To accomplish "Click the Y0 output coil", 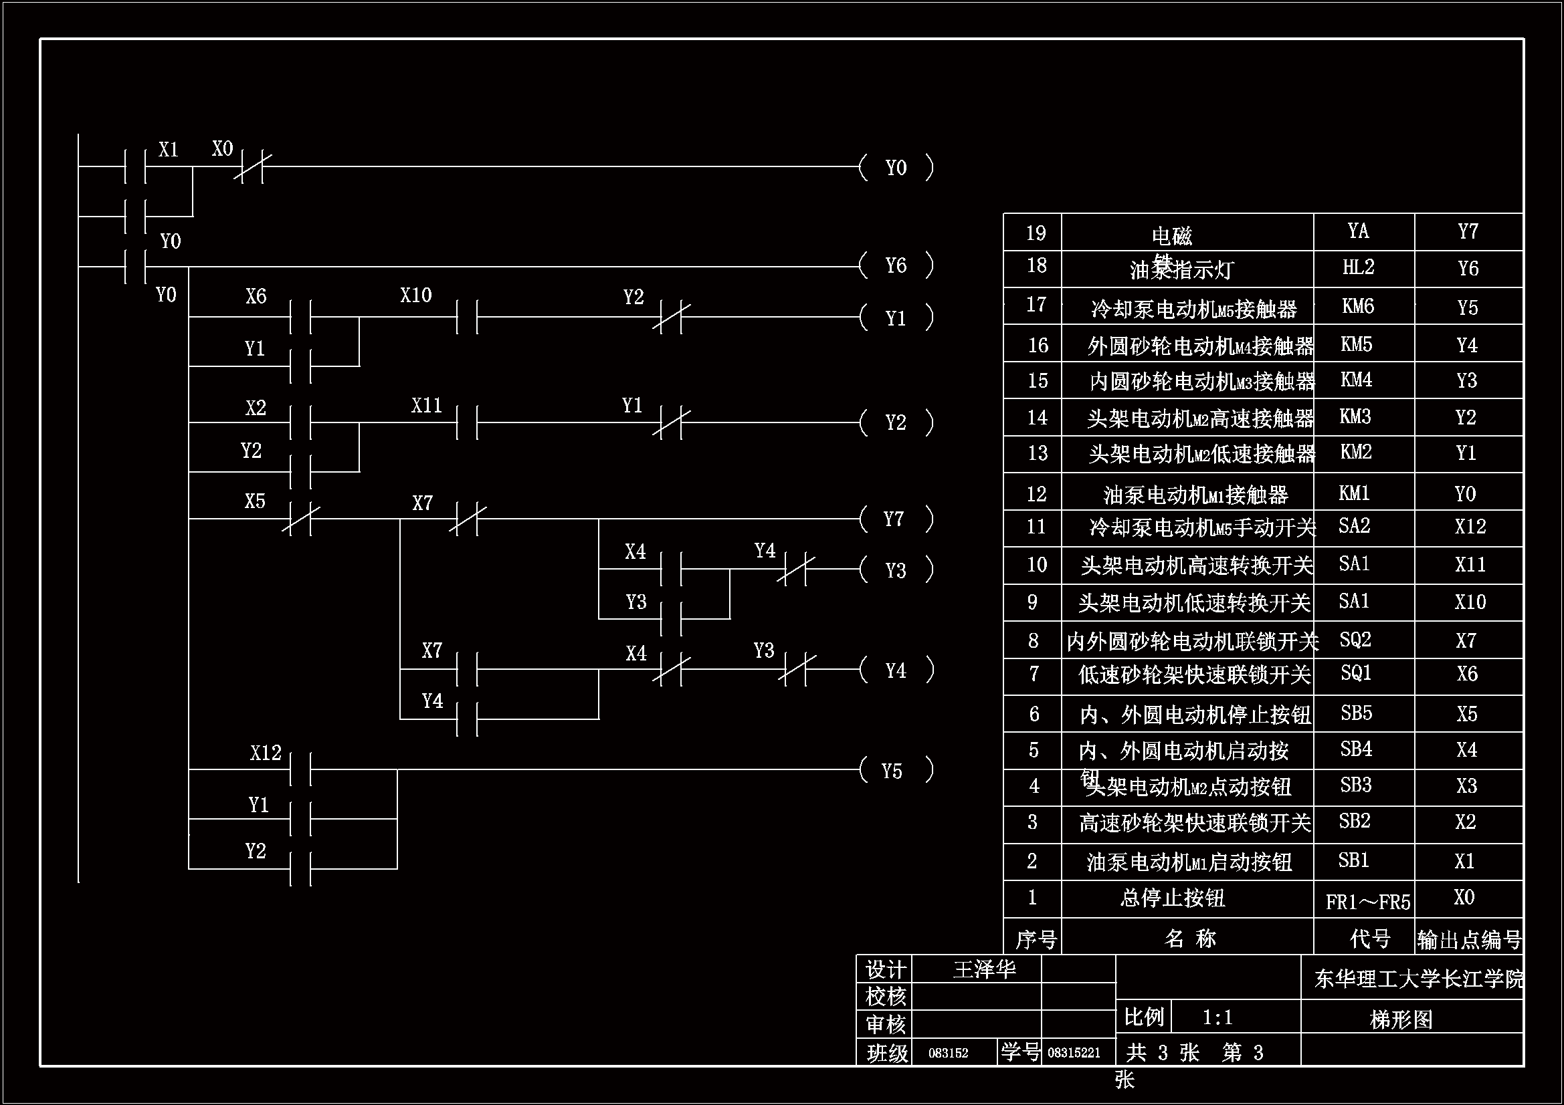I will [x=896, y=168].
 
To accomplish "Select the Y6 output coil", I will [x=896, y=265].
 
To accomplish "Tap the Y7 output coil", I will [x=894, y=519].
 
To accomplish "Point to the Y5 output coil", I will [x=893, y=771].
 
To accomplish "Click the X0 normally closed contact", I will [x=252, y=167].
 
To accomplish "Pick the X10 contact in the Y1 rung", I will [x=468, y=317].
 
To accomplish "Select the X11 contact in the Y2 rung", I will [x=468, y=422].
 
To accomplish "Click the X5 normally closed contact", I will [x=300, y=519].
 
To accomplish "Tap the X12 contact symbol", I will [x=300, y=769].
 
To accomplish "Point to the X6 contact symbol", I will [x=300, y=317].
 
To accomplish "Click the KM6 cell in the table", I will [x=1357, y=306].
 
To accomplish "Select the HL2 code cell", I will [x=1357, y=267].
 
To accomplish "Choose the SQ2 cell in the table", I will [x=1355, y=639].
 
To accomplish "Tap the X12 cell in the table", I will [x=1470, y=527].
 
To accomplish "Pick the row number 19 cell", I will [x=1036, y=233].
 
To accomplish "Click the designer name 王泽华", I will [x=983, y=969].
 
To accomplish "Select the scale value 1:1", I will [x=1217, y=1018].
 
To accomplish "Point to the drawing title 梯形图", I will [x=1401, y=1019].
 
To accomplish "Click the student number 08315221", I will [x=1074, y=1054].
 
